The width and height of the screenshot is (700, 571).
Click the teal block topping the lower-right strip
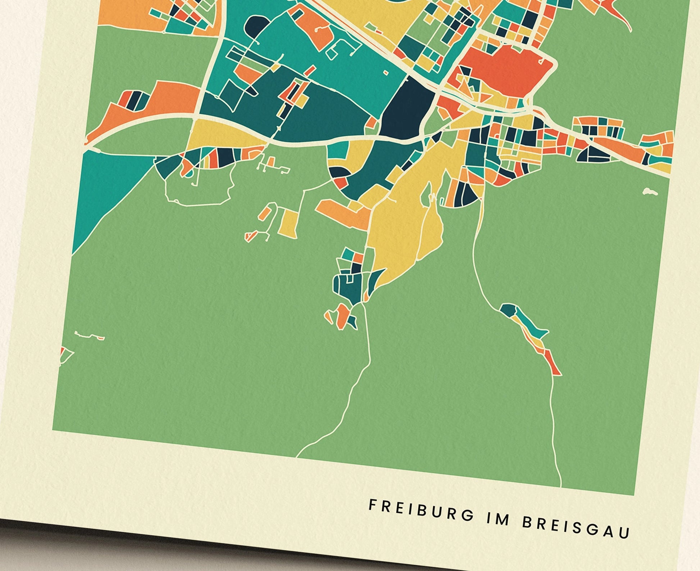(508, 310)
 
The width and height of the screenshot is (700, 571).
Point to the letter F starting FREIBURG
(372, 505)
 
